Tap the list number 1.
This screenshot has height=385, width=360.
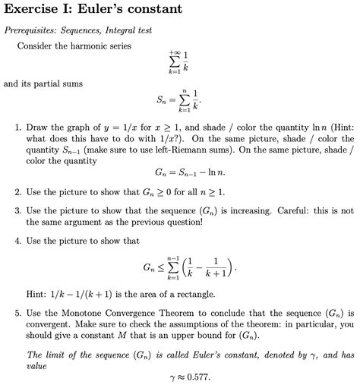(17, 128)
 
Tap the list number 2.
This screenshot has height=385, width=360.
(17, 193)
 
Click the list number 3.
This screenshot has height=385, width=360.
(17, 210)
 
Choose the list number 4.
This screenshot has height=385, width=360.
(17, 241)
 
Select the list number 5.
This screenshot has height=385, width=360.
(17, 312)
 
